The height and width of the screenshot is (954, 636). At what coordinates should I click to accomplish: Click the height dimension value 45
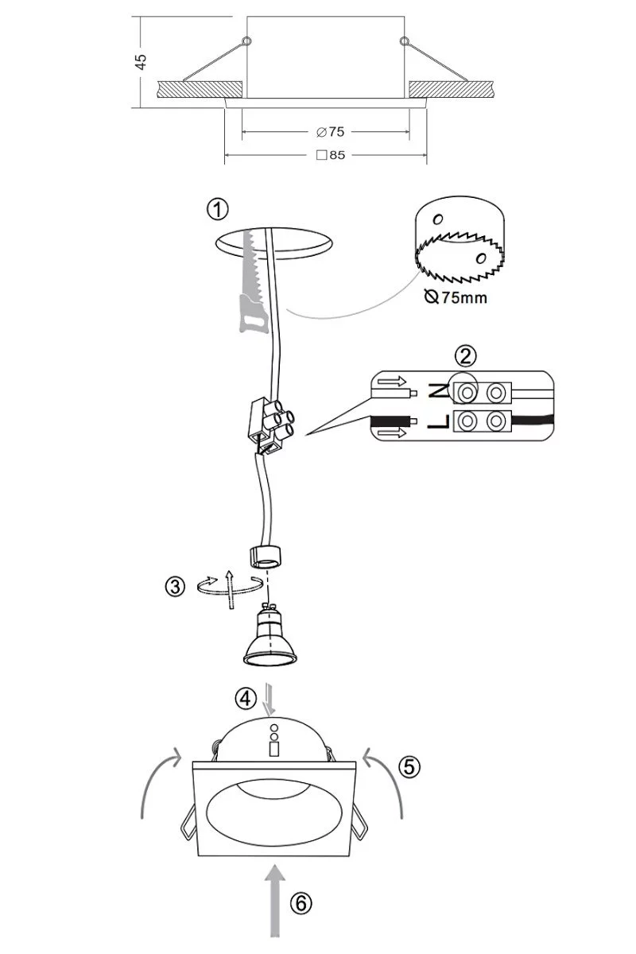pyautogui.click(x=141, y=61)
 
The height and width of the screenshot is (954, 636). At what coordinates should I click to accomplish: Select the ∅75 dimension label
pyautogui.click(x=330, y=132)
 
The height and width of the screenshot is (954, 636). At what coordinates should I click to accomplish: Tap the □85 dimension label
pyautogui.click(x=331, y=155)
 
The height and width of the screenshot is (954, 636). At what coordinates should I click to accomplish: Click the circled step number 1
pyautogui.click(x=217, y=210)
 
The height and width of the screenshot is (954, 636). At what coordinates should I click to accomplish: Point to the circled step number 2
pyautogui.click(x=465, y=355)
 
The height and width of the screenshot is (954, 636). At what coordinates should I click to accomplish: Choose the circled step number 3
pyautogui.click(x=175, y=587)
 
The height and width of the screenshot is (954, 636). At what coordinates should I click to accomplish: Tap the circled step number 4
pyautogui.click(x=246, y=699)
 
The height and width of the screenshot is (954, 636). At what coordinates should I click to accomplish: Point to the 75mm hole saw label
pyautogui.click(x=456, y=297)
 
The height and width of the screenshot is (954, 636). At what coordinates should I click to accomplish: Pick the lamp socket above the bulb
pyautogui.click(x=265, y=556)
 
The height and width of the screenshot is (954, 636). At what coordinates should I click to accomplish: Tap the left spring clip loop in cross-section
pyautogui.click(x=246, y=41)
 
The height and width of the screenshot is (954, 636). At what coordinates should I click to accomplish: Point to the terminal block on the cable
pyautogui.click(x=271, y=425)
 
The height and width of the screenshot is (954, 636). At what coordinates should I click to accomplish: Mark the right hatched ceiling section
pyautogui.click(x=452, y=89)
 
